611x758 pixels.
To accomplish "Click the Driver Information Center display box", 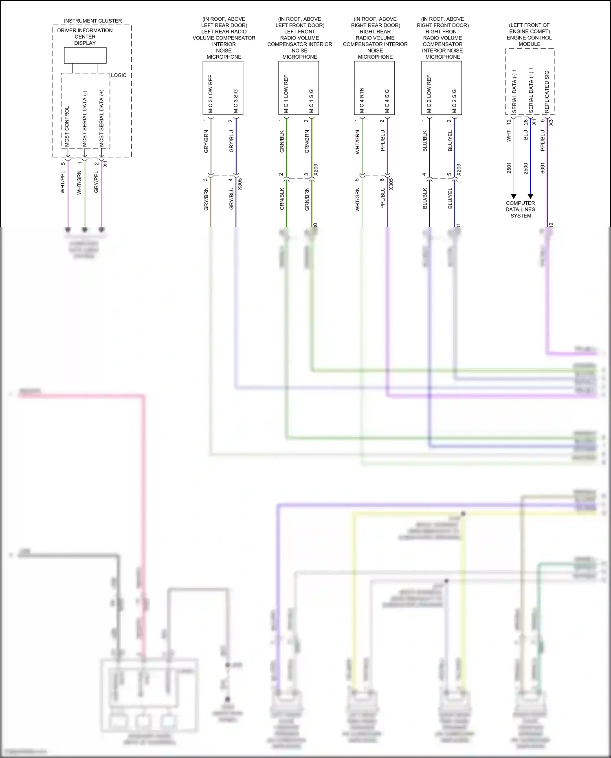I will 85,55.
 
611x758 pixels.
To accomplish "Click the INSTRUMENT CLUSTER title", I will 93,21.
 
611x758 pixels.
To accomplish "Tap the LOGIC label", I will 119,75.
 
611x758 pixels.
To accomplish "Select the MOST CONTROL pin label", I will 67,126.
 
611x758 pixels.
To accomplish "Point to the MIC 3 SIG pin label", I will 236,101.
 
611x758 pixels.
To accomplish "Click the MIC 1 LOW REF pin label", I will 286,94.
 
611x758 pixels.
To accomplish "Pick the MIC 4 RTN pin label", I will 362,100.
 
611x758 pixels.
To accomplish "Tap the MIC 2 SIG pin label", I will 454,101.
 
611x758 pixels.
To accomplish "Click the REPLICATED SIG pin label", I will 547,92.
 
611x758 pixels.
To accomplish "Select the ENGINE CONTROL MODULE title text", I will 529,41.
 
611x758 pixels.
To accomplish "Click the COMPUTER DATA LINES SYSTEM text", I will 521,209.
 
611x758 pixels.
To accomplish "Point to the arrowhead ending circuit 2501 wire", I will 514,196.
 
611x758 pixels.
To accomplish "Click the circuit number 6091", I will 543,168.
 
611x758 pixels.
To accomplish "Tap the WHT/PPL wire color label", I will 63,182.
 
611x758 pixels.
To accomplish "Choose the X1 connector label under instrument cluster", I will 105,163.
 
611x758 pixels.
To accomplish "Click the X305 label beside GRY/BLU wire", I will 240,184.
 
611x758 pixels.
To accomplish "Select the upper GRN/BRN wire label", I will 307,142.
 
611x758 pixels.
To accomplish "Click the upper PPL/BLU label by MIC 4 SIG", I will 383,141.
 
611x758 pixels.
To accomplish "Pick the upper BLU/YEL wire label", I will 451,141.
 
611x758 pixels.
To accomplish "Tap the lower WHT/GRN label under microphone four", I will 358,200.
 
